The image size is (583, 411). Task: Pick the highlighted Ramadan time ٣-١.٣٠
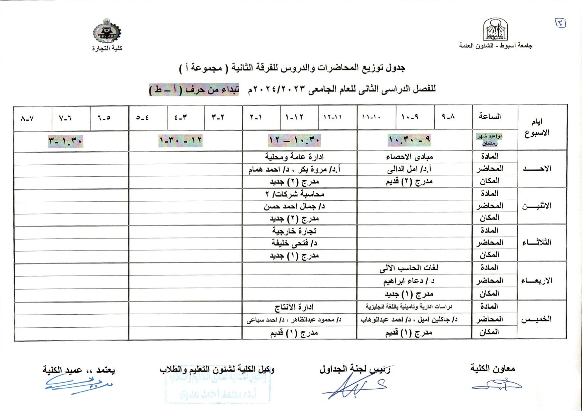pyautogui.click(x=66, y=141)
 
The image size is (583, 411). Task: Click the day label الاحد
pyautogui.click(x=537, y=168)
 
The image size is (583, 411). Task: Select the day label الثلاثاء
pyautogui.click(x=537, y=243)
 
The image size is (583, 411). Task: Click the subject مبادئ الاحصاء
pyautogui.click(x=409, y=156)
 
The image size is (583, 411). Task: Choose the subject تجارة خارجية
pyautogui.click(x=294, y=231)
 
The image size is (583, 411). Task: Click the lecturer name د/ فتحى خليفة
pyautogui.click(x=294, y=243)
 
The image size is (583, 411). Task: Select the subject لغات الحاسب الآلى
pyautogui.click(x=409, y=268)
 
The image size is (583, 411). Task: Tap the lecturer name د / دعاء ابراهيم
pyautogui.click(x=409, y=281)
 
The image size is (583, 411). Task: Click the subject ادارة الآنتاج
pyautogui.click(x=294, y=307)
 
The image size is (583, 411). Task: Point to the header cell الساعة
pyautogui.click(x=490, y=116)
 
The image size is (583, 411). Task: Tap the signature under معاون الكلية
pyautogui.click(x=497, y=385)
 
